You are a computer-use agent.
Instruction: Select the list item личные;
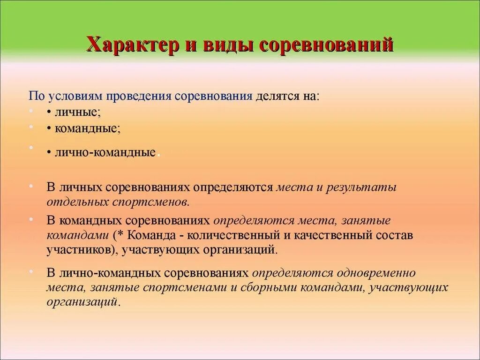(x=77, y=112)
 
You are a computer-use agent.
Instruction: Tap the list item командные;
(x=87, y=128)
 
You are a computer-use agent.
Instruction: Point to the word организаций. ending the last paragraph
(x=83, y=302)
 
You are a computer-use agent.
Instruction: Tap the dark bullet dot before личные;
(x=49, y=113)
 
